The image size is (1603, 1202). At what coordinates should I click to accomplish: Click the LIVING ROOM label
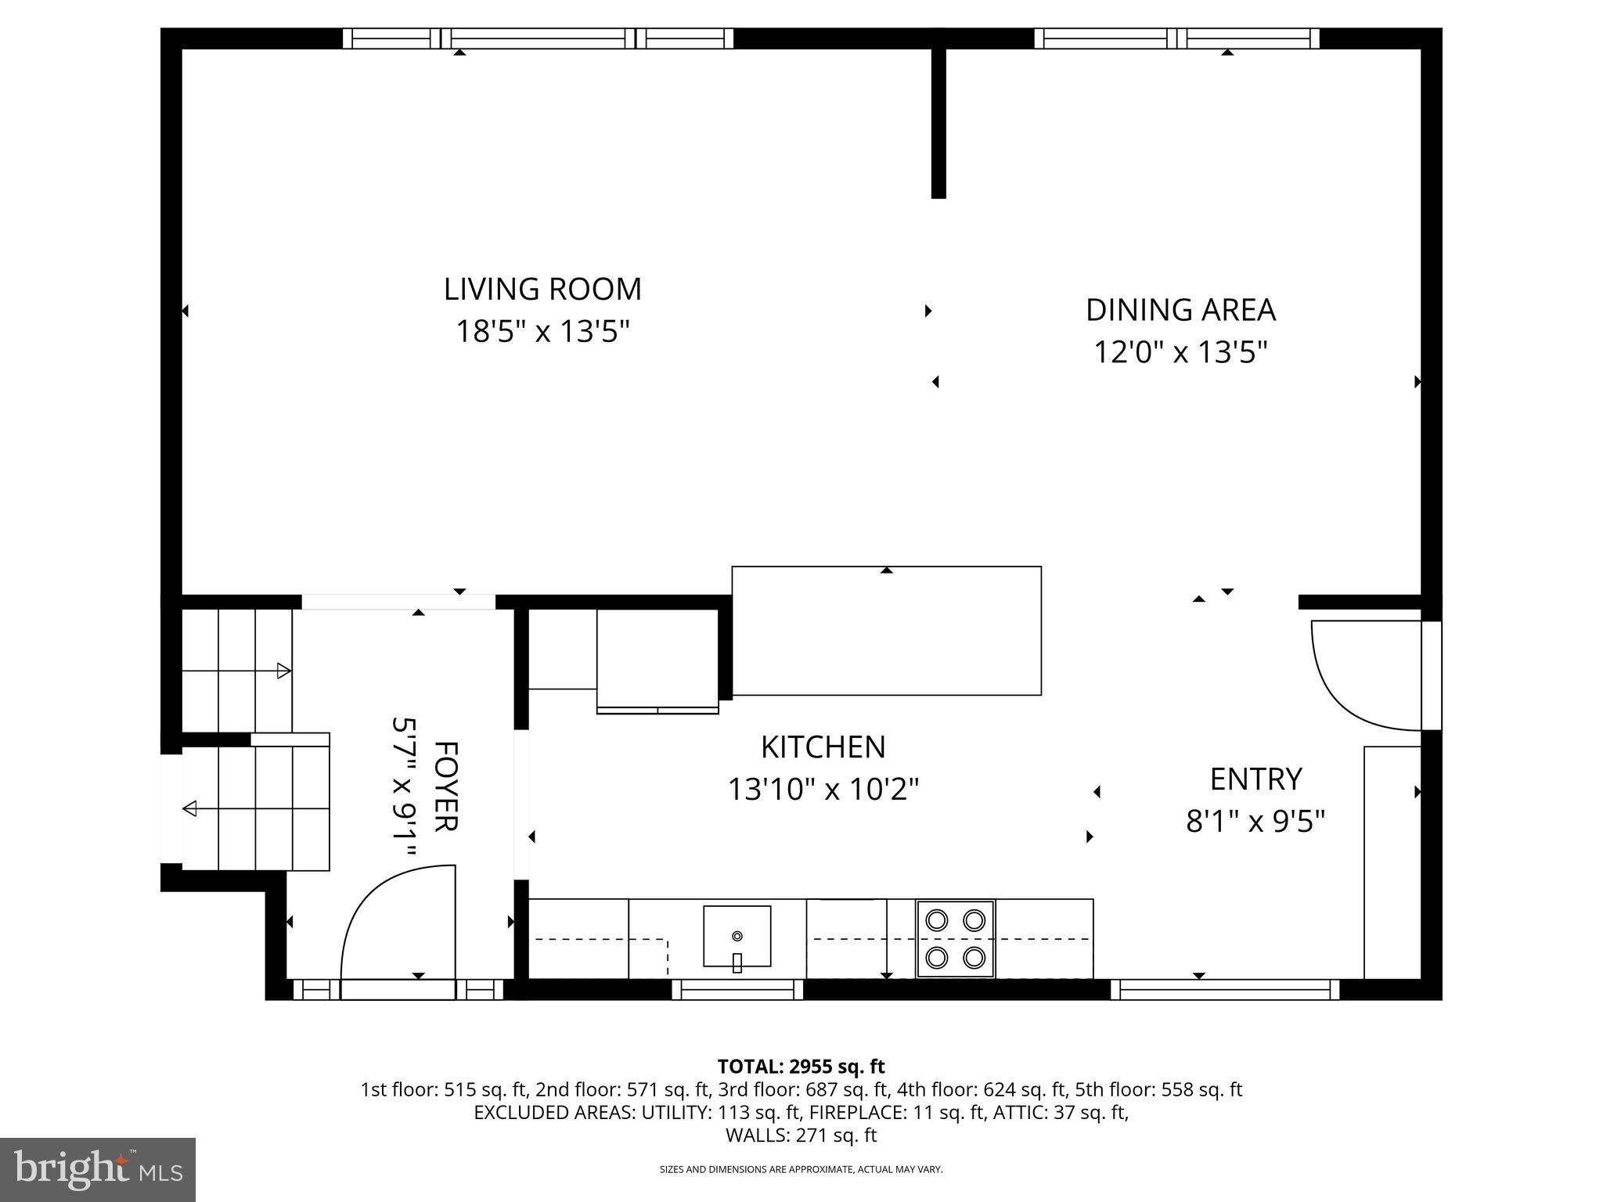(542, 290)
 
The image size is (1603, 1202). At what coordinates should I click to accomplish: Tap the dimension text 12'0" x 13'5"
(1180, 352)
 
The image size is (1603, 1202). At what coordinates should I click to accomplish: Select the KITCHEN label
(823, 747)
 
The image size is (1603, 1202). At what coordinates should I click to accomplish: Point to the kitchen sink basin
(737, 935)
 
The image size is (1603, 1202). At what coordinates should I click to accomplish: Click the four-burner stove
(955, 938)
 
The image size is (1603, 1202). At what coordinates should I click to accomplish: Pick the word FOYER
(445, 786)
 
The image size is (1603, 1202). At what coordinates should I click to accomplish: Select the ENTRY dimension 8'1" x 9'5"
(1255, 822)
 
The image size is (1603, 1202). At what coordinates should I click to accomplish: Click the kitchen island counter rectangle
(886, 631)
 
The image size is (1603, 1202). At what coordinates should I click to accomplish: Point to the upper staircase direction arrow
(283, 671)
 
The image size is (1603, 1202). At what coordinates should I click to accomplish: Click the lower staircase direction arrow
(190, 808)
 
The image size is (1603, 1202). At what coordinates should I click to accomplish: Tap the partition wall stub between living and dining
(938, 121)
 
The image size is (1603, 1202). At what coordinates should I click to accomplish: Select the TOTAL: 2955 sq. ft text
(801, 1067)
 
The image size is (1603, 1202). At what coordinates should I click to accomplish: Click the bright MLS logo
(98, 1169)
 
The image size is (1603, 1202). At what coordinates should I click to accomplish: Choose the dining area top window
(1176, 38)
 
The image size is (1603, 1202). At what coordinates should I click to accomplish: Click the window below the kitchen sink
(737, 990)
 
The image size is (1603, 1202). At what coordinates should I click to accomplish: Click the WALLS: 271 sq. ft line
(801, 1135)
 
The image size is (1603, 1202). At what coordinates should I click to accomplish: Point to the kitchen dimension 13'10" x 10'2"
(823, 789)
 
